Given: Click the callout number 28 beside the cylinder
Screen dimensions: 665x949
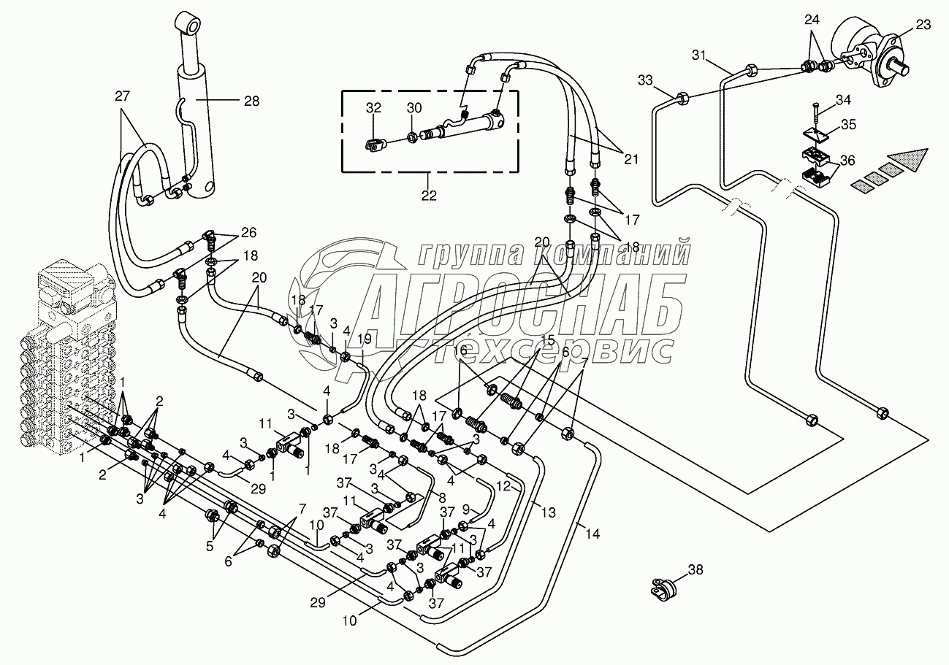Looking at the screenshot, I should click(x=251, y=101).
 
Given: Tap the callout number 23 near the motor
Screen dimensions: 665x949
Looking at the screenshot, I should click(x=923, y=25).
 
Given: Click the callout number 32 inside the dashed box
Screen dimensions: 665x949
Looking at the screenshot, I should click(x=373, y=107).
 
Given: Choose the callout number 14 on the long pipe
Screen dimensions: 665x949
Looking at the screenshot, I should click(x=592, y=534).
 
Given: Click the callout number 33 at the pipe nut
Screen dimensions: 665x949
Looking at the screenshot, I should click(x=645, y=79).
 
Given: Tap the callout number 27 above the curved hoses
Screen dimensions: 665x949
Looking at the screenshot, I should click(x=121, y=96).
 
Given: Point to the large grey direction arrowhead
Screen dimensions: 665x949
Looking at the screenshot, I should click(x=909, y=161).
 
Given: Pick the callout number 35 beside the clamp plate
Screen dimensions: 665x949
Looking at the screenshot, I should click(x=847, y=124).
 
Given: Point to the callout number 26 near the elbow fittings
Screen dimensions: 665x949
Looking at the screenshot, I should click(x=249, y=233).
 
